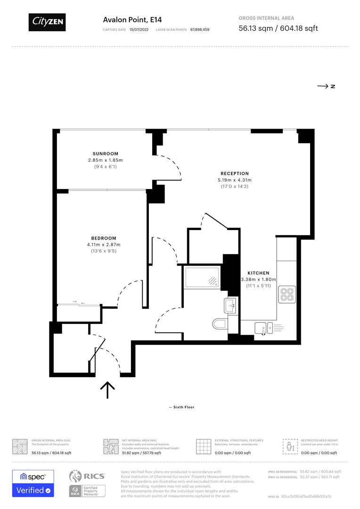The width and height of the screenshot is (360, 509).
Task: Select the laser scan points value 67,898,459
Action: tap(200, 29)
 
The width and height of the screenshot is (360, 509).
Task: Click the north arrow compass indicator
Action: tap(326, 86)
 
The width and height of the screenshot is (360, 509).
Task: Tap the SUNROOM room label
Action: tap(105, 154)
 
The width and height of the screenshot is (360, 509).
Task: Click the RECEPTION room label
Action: tap(235, 173)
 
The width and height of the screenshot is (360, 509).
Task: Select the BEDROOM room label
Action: tap(104, 238)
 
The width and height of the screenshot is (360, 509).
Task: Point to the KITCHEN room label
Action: tap(258, 273)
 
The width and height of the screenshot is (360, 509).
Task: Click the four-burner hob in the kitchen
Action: tap(287, 294)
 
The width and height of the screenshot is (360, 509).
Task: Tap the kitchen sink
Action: tap(263, 327)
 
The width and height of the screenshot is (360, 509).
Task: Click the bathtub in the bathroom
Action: tap(202, 277)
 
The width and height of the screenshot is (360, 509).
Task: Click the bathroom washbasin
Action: tap(231, 305)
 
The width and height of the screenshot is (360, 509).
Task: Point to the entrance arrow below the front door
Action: tap(108, 389)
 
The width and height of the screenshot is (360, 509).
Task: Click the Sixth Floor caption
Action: tap(181, 407)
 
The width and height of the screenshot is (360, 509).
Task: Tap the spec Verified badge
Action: tap(33, 484)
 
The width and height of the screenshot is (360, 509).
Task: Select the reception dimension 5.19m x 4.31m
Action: tap(235, 180)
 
